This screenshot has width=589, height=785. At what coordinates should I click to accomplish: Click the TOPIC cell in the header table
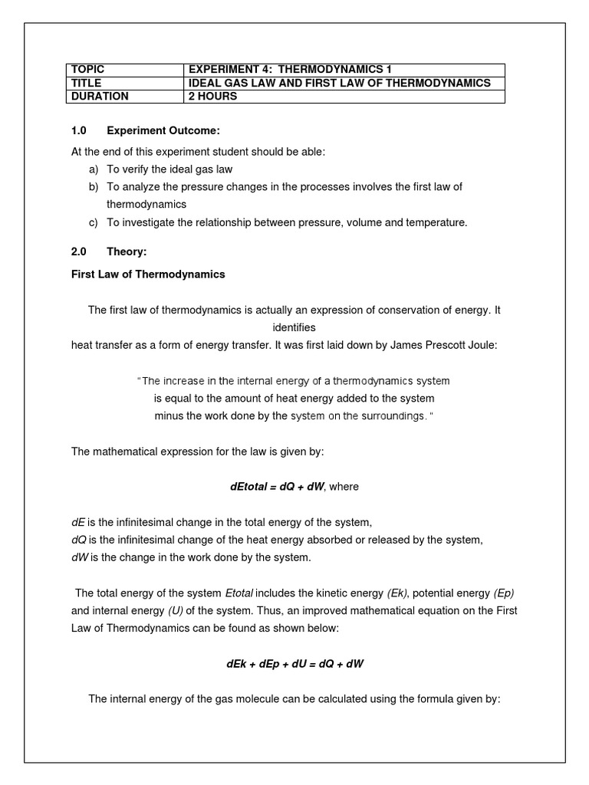point(87,70)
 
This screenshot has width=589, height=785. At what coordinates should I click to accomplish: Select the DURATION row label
point(100,97)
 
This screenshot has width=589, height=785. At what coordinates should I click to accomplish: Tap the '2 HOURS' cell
point(212,97)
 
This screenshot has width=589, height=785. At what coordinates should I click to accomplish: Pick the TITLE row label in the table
point(86,83)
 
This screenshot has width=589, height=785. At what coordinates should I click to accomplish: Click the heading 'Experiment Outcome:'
point(163,132)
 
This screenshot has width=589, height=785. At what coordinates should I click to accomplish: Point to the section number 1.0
point(80,132)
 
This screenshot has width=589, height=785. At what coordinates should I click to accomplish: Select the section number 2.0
point(80,251)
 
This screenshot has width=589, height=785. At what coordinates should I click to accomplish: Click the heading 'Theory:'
point(126,251)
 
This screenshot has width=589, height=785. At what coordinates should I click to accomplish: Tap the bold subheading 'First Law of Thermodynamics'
point(148,274)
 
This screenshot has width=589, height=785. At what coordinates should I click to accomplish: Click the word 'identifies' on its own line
point(294,327)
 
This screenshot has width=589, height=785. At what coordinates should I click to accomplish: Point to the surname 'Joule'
point(481,345)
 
